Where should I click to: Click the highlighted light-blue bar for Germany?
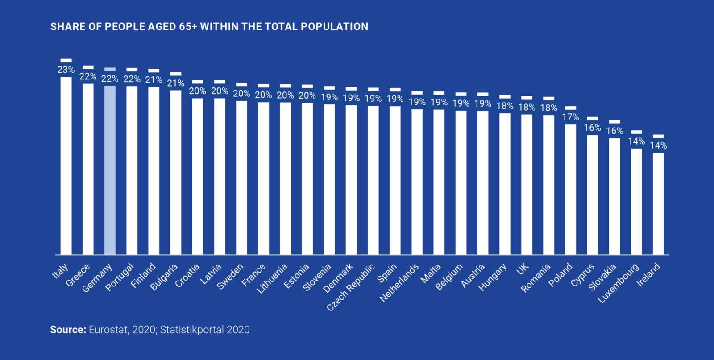click(110, 170)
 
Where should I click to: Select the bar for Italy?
click(66, 165)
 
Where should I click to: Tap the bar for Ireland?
click(658, 203)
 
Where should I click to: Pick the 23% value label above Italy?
click(66, 70)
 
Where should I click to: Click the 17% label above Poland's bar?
click(570, 117)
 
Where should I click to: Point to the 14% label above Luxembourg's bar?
click(636, 141)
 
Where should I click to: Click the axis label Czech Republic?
click(351, 287)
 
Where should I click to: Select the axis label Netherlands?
click(399, 282)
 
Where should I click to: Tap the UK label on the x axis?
click(523, 268)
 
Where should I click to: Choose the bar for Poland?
click(570, 190)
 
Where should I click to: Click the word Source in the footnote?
click(67, 330)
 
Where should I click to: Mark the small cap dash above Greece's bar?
click(88, 67)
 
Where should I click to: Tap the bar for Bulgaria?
click(176, 172)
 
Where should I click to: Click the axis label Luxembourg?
click(619, 284)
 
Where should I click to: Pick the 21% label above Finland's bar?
click(154, 80)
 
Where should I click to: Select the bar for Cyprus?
click(593, 194)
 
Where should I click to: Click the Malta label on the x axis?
click(431, 273)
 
